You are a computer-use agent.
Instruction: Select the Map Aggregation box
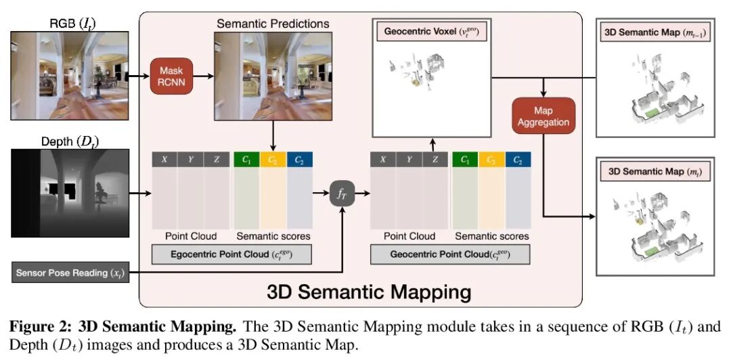[x=544, y=116]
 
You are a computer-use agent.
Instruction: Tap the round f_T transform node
[x=342, y=194]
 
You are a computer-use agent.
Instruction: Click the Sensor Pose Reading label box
[x=70, y=273]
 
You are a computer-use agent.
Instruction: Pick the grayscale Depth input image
[x=69, y=194]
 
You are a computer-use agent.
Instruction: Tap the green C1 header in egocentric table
[x=246, y=160]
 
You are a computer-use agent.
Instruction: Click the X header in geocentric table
[x=382, y=160]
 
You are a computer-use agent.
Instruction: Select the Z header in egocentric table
[x=218, y=160]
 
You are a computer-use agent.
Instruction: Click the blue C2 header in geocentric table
[x=518, y=160]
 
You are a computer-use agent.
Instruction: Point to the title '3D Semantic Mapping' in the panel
[x=368, y=292]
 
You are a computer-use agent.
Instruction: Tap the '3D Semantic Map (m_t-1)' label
[x=654, y=32]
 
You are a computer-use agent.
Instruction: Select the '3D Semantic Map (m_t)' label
[x=654, y=172]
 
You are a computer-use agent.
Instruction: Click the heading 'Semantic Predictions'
[x=273, y=24]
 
